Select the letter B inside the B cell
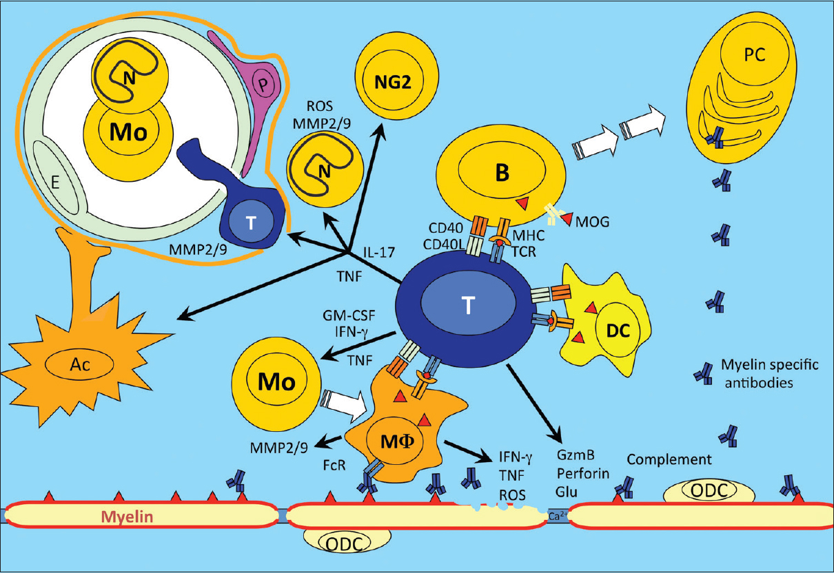(x=503, y=174)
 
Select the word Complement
(x=669, y=459)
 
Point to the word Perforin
(x=579, y=475)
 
